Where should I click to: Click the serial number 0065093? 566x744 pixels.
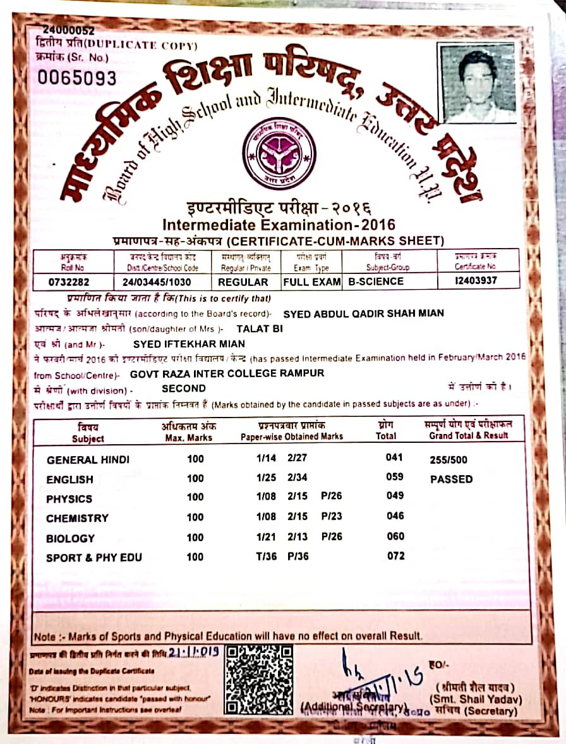[78, 78]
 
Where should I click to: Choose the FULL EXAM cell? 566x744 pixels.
[312, 282]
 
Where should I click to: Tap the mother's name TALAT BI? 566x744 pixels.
[260, 329]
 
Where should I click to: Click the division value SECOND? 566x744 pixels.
[184, 388]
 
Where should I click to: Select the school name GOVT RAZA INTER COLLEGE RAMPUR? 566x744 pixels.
[227, 373]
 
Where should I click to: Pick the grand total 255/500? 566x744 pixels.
[449, 460]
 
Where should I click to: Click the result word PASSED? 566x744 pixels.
[451, 479]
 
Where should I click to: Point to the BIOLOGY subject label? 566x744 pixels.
[70, 538]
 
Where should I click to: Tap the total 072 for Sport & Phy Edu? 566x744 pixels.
[395, 556]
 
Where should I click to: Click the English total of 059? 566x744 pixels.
[395, 478]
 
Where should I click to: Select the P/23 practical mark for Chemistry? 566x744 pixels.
[332, 516]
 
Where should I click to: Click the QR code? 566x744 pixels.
[259, 679]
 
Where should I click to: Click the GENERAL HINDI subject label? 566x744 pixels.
[88, 460]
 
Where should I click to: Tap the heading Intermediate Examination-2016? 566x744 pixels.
[279, 225]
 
